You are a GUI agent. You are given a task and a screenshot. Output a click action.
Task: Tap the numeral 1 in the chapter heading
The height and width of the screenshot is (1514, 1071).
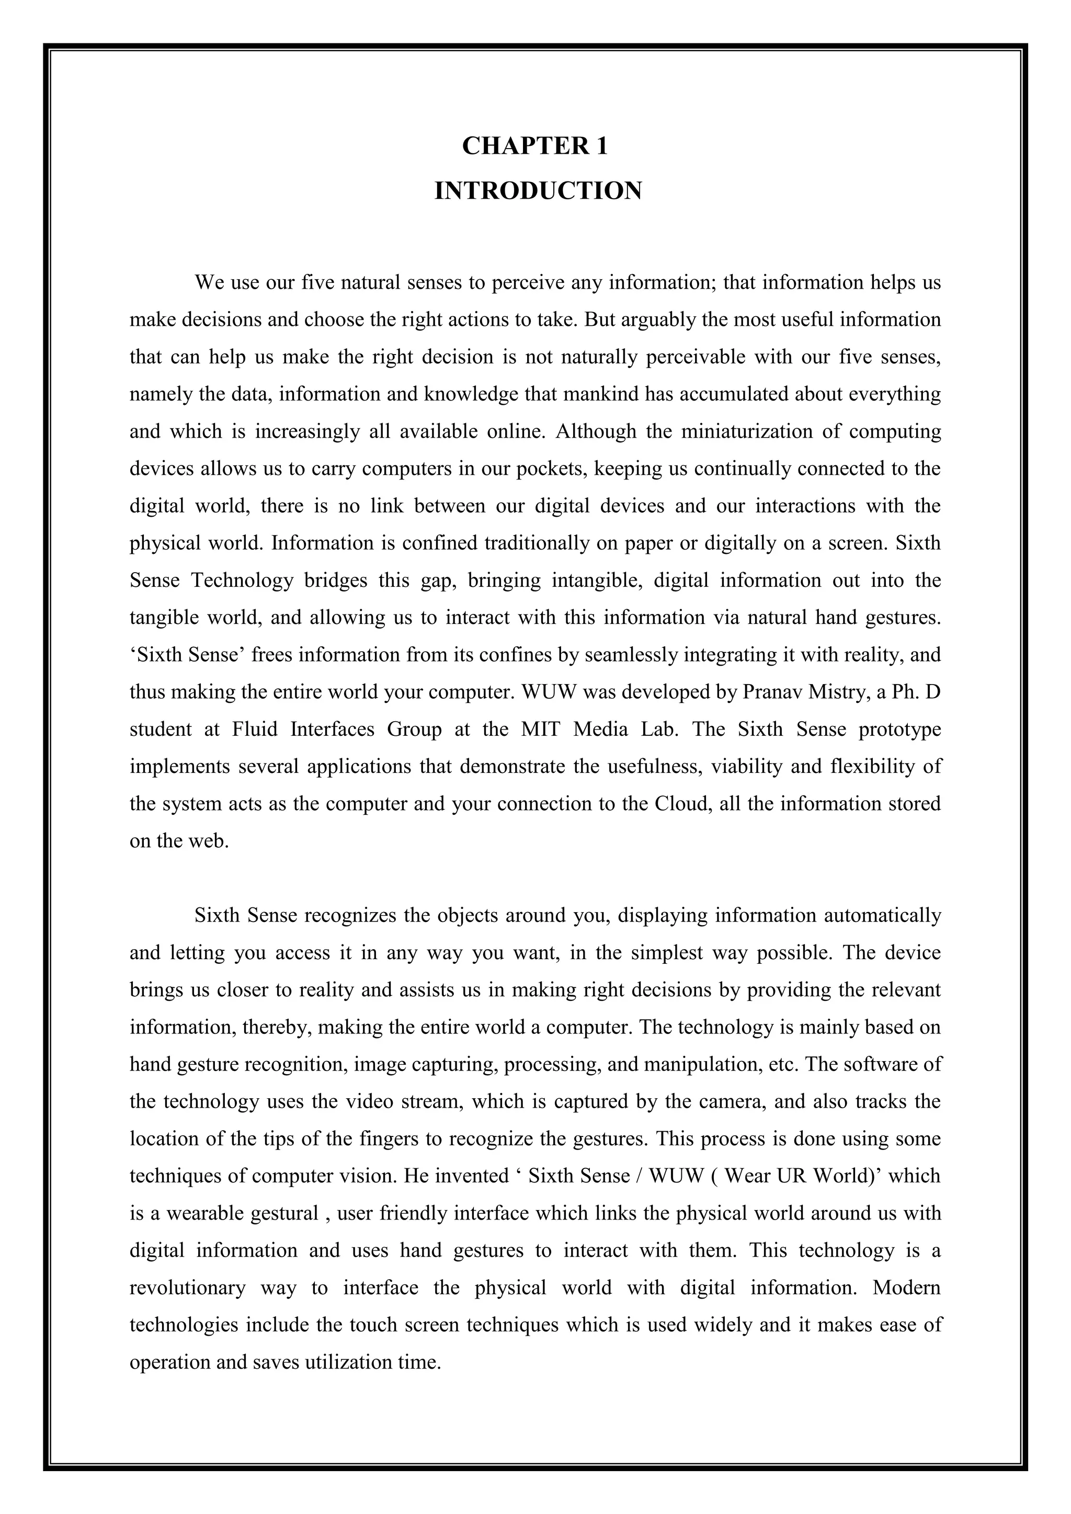click(x=601, y=146)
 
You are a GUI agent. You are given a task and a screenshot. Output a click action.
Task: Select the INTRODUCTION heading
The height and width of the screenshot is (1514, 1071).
click(x=538, y=191)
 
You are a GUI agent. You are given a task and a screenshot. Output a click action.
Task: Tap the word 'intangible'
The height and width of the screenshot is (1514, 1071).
click(x=588, y=580)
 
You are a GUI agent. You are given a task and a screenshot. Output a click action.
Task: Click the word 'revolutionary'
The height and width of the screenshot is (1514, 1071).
click(x=187, y=1288)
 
